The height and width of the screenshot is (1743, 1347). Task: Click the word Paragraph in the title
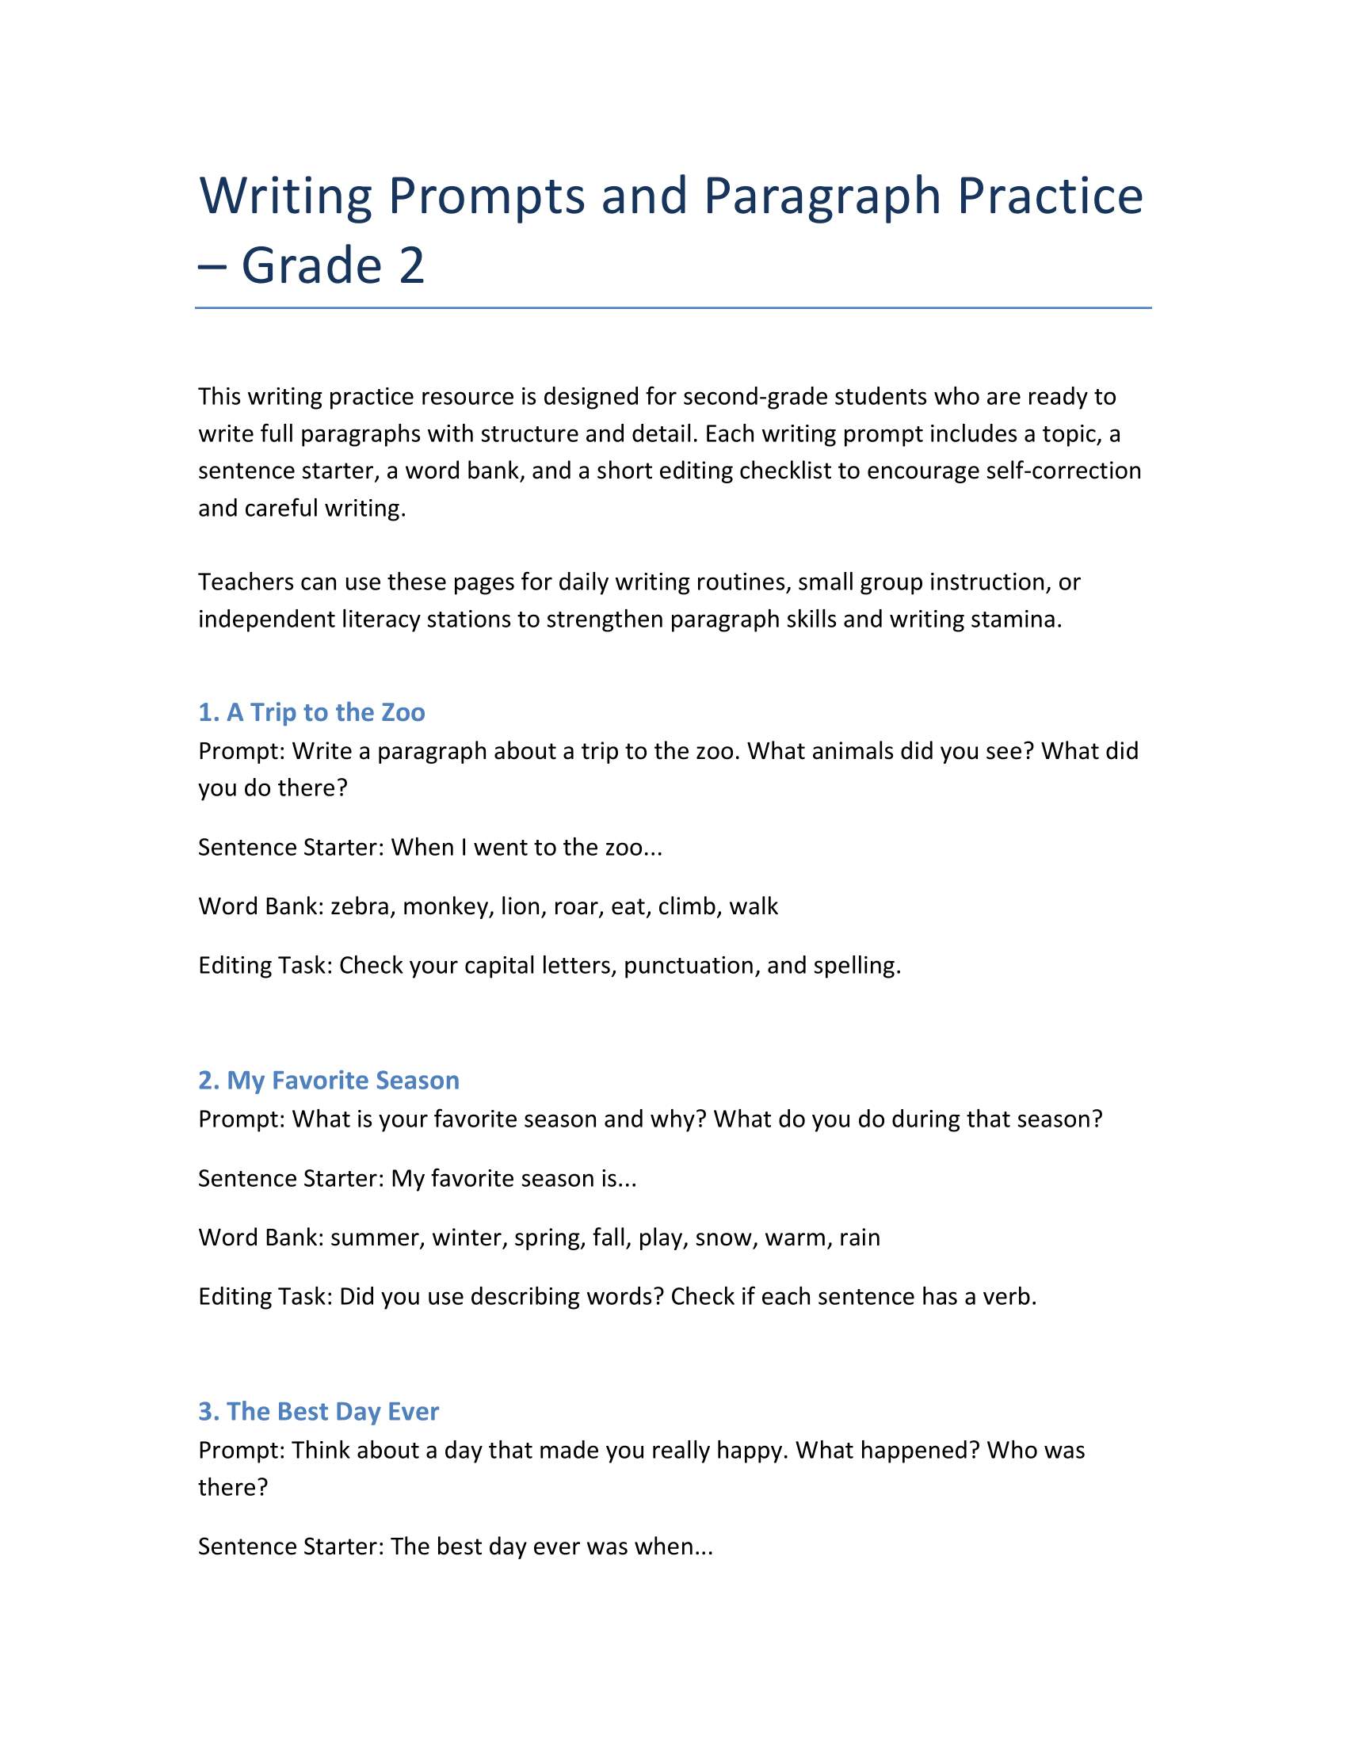tap(822, 197)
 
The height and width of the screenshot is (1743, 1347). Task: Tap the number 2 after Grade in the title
tap(412, 265)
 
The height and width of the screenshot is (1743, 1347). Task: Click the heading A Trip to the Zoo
tap(311, 712)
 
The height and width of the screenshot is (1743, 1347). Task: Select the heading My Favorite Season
tap(328, 1080)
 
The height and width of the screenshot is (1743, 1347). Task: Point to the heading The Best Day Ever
tap(318, 1411)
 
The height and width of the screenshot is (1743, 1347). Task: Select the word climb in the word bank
tap(686, 906)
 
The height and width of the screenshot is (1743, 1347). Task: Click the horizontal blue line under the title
tap(673, 307)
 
